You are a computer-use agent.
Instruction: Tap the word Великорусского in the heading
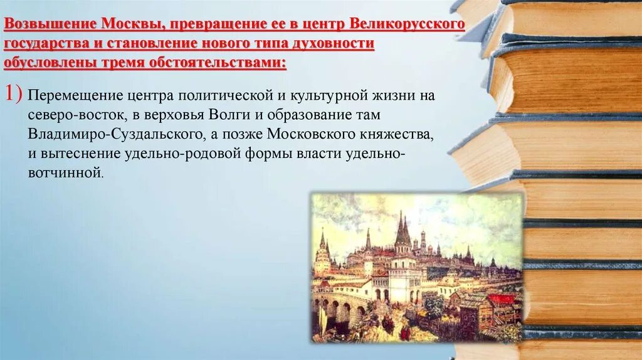(x=408, y=25)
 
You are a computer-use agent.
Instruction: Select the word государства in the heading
(x=45, y=45)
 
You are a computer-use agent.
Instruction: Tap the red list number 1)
(x=14, y=94)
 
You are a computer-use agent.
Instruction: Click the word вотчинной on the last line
(x=64, y=172)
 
